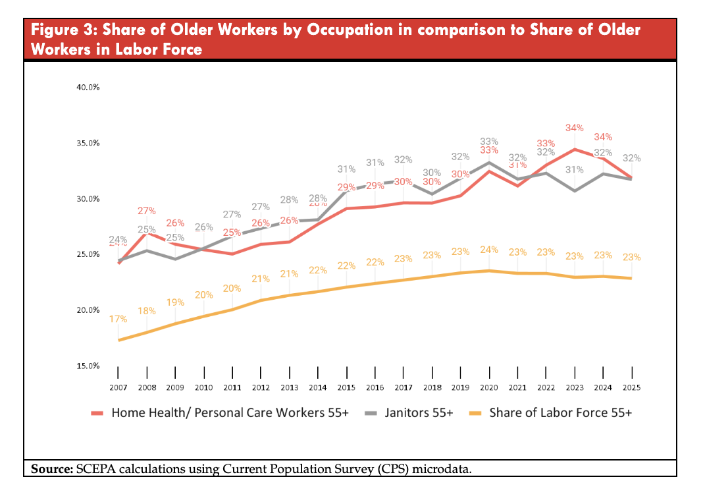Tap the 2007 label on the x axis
118,388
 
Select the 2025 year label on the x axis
632,388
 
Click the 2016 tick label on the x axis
375,388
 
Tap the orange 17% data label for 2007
118,319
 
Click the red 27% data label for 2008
147,211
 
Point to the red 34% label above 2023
575,128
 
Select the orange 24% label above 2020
489,250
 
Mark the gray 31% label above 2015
346,169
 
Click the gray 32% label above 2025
632,158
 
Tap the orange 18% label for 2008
147,311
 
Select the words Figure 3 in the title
63,30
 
